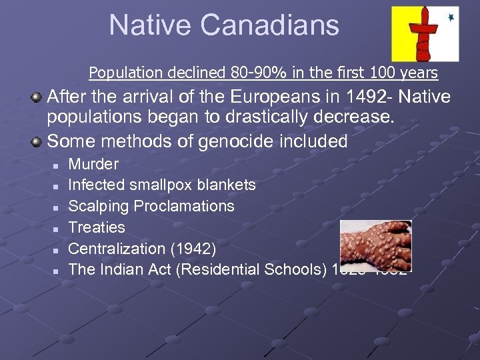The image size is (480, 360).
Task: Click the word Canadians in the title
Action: coord(270,25)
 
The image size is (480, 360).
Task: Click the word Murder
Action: coord(93,164)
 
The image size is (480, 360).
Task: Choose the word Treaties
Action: coord(97,227)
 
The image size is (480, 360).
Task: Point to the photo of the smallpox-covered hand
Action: coord(376,245)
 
